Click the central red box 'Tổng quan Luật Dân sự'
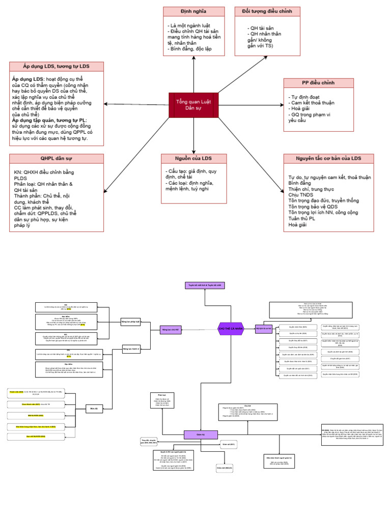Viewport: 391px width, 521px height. click(x=193, y=105)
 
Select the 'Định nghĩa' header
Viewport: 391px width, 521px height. click(x=193, y=11)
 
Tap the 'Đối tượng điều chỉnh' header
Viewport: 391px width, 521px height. click(x=267, y=11)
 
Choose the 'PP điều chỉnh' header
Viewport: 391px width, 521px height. click(x=318, y=83)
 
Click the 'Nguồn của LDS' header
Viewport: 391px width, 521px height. click(x=193, y=159)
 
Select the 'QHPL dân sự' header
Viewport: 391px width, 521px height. click(x=57, y=158)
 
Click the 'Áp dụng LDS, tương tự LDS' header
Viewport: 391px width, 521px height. click(x=57, y=67)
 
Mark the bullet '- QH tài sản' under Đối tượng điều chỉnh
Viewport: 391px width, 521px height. click(x=260, y=28)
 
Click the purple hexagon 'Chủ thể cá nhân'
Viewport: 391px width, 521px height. click(x=231, y=329)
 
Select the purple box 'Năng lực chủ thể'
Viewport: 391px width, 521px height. click(x=171, y=330)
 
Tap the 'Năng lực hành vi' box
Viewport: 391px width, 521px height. click(x=131, y=349)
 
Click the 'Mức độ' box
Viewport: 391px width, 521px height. click(x=94, y=409)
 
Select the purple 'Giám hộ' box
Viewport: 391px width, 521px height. click(x=194, y=434)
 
